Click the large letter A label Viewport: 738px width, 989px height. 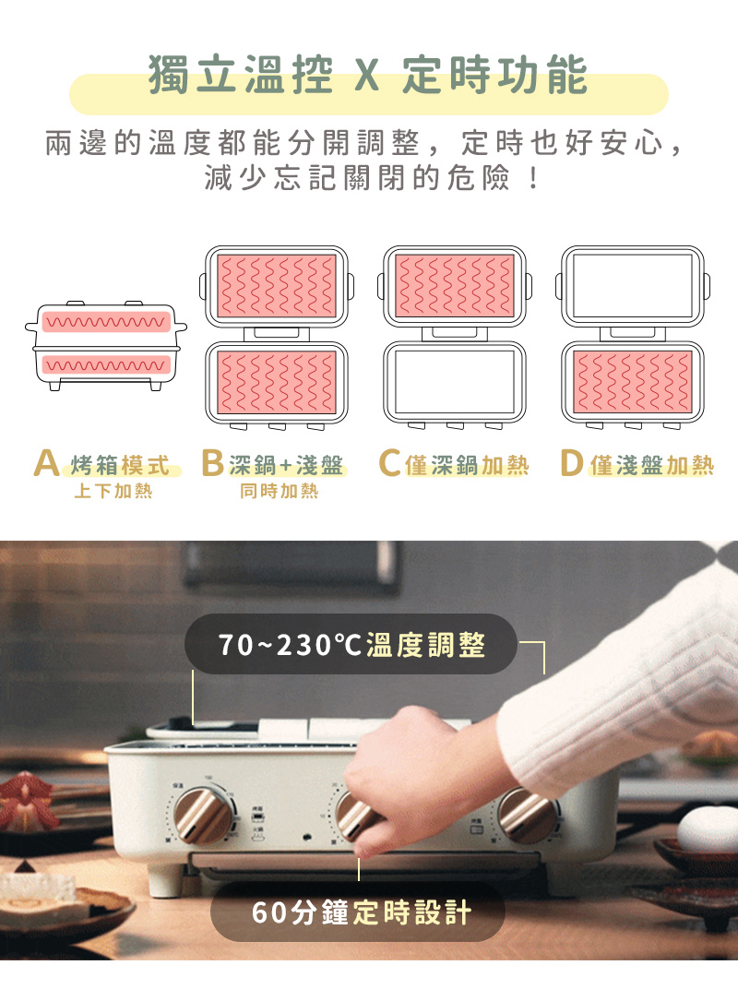[47, 463]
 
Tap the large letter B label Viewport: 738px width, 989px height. [212, 463]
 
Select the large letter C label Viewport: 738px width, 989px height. [389, 463]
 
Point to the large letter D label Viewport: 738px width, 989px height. [571, 463]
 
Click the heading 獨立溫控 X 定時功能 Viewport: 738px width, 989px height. [368, 75]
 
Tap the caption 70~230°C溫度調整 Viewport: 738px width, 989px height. [351, 645]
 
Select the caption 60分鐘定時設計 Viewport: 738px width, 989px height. [362, 912]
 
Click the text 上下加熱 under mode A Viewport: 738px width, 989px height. [113, 491]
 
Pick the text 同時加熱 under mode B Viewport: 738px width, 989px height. [279, 491]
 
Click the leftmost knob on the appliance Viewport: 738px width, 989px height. [202, 815]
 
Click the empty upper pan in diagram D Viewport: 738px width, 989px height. [632, 286]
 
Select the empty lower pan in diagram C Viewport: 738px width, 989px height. [454, 382]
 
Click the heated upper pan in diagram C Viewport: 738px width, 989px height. [454, 286]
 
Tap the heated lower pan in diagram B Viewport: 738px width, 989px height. [276, 382]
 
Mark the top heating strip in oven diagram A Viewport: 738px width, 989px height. [107, 322]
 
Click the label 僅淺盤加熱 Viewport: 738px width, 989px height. [651, 466]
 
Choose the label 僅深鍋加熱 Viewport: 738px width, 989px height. [467, 466]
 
